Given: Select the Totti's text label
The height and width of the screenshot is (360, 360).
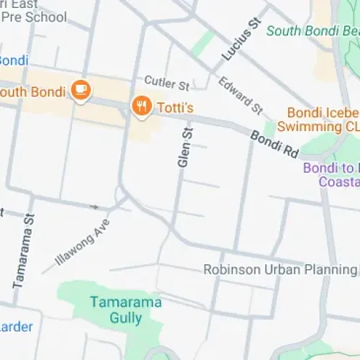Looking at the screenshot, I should point(174,107).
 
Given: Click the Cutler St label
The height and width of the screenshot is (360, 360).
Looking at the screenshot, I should point(166,84).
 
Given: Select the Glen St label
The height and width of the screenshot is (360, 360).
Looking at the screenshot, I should point(185,148).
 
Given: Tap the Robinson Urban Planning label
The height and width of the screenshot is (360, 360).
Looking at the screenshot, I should point(279,270).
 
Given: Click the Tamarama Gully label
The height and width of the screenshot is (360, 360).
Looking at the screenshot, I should point(115,310).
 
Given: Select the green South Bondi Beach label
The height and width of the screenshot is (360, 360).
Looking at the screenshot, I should point(312,31).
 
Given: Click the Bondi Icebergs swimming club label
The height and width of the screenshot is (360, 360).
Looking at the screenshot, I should point(323,120).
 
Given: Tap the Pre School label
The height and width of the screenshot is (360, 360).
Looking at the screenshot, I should point(33,17).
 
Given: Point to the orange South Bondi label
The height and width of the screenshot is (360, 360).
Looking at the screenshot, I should point(33,91).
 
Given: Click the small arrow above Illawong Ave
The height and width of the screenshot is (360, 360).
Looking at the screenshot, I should point(94,207).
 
